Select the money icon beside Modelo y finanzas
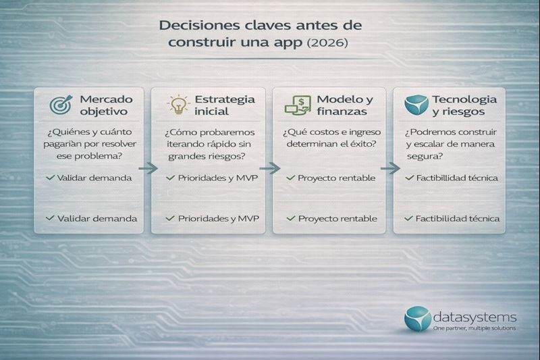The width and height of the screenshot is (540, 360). (298, 105)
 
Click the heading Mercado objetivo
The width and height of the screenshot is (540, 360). (102, 105)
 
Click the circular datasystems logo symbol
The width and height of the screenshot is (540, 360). (416, 319)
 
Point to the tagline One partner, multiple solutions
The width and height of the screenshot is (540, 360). (475, 328)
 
